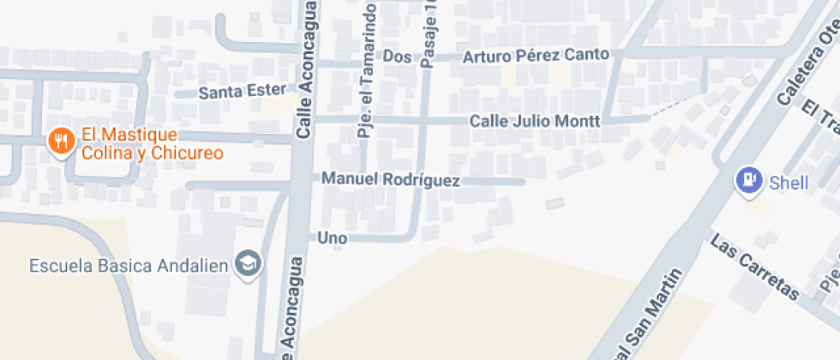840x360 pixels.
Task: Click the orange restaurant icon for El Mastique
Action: click(60, 142)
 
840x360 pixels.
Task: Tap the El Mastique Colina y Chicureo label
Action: click(152, 144)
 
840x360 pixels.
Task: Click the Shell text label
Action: click(788, 182)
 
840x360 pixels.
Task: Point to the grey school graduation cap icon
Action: click(249, 264)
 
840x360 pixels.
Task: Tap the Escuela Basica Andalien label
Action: click(129, 265)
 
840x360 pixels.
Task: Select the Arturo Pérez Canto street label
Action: click(536, 56)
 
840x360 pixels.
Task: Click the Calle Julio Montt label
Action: click(535, 121)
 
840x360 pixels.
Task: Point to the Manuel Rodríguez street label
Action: click(391, 180)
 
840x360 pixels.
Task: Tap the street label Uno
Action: click(333, 237)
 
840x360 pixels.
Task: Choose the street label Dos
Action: click(398, 57)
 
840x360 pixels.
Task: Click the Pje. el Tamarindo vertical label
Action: click(366, 70)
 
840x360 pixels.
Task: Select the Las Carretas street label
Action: click(754, 266)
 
